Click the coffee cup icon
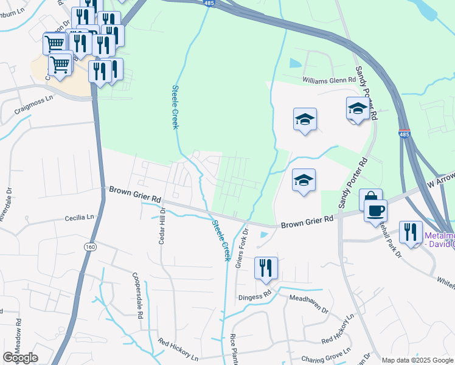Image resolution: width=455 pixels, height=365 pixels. (375, 210)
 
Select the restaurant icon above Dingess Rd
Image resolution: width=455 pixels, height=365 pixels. (265, 268)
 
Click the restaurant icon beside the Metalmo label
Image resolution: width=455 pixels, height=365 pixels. (411, 232)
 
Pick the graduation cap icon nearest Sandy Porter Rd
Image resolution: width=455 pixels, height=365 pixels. (358, 108)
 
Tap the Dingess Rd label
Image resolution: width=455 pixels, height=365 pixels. (254, 296)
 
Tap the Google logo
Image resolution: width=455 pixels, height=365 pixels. (20, 358)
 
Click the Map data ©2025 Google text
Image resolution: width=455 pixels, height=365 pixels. (417, 360)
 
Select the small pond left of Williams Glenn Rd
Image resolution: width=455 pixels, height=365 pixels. (295, 63)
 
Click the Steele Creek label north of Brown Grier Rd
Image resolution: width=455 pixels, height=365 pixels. (175, 106)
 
